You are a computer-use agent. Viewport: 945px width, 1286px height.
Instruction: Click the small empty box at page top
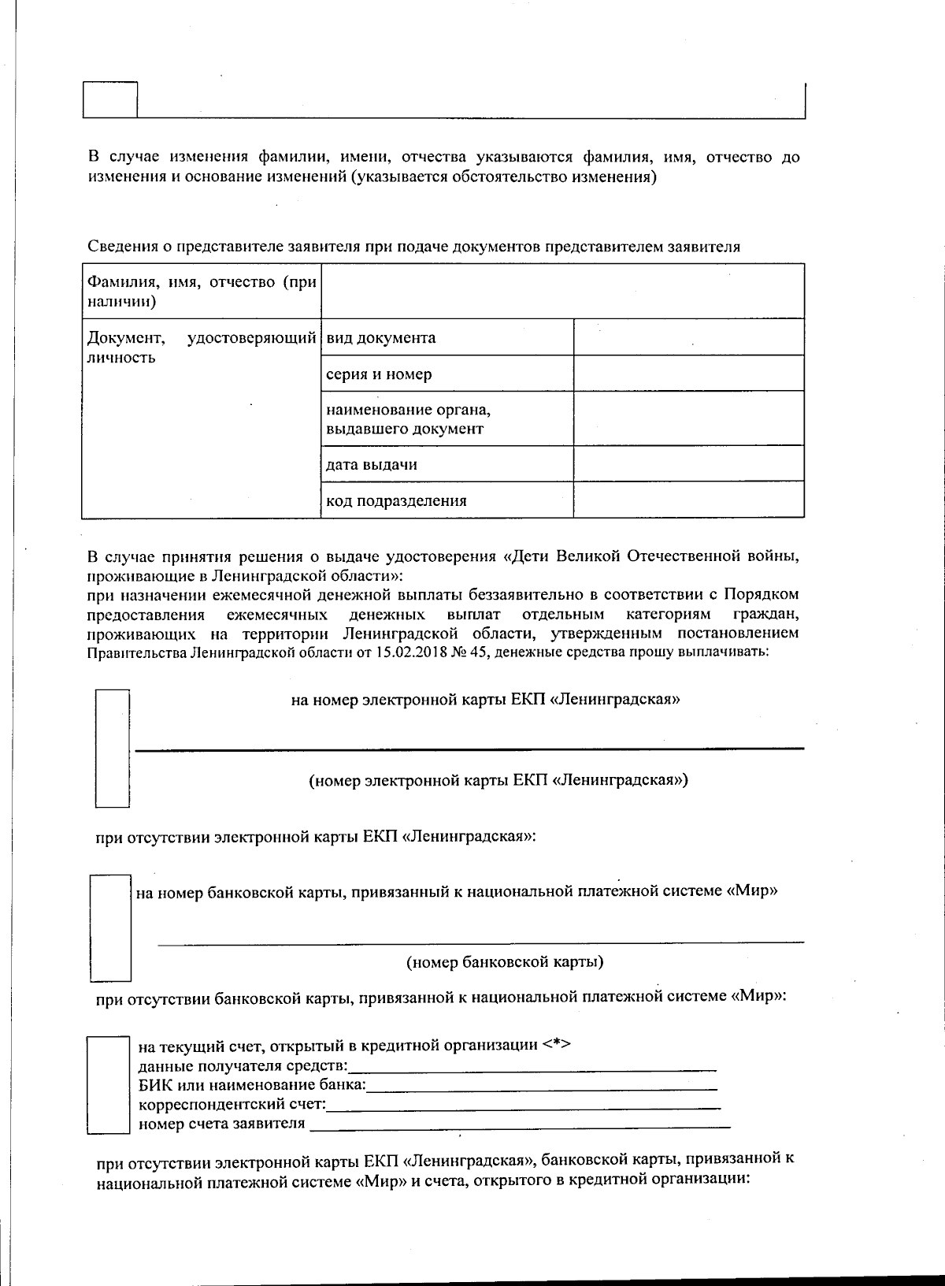click(110, 99)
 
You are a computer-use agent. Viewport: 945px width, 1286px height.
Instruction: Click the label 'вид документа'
click(381, 338)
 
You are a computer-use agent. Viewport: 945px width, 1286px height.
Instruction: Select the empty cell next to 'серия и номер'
click(688, 374)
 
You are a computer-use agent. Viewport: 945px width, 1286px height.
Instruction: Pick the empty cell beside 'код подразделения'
click(688, 500)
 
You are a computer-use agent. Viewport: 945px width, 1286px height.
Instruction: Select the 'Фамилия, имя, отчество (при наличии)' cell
click(201, 292)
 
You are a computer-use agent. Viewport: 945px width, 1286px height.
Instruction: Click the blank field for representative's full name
click(562, 292)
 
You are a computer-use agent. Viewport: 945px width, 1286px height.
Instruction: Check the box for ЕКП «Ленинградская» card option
click(112, 748)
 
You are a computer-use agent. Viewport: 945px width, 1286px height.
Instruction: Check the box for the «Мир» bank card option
click(110, 927)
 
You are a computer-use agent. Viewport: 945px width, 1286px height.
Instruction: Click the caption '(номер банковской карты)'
click(505, 962)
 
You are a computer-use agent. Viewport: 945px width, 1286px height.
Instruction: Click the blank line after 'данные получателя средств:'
click(532, 1067)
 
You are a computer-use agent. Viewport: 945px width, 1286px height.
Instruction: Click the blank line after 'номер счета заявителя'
click(520, 1124)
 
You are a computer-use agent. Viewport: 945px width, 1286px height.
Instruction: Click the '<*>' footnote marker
click(556, 1045)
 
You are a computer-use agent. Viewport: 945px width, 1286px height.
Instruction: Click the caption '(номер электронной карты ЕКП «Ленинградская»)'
click(498, 780)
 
